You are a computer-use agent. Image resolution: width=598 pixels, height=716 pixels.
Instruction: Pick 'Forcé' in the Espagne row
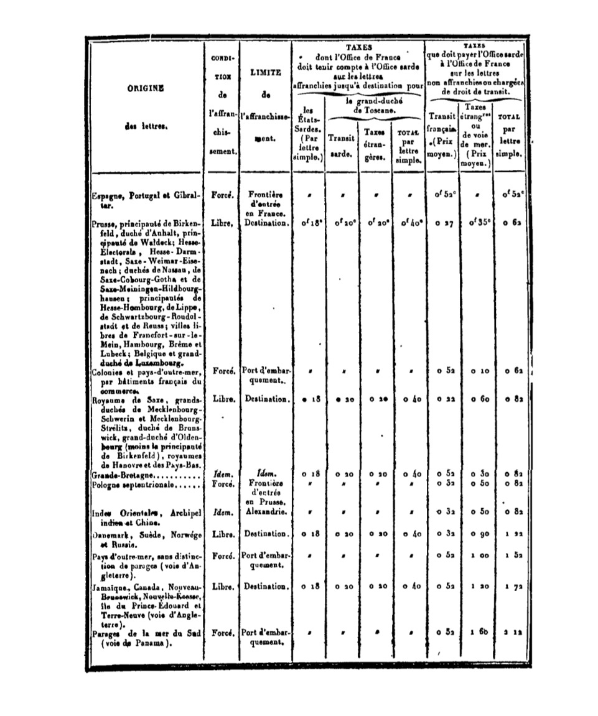click(x=222, y=195)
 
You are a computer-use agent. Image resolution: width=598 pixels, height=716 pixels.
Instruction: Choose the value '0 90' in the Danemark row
click(x=476, y=534)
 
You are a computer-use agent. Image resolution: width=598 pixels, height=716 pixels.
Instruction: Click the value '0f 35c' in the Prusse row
click(x=476, y=222)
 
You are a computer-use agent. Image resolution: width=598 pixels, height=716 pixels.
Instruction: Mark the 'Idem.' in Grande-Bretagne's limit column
click(x=265, y=474)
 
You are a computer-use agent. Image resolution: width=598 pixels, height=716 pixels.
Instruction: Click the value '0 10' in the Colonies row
click(x=476, y=371)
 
